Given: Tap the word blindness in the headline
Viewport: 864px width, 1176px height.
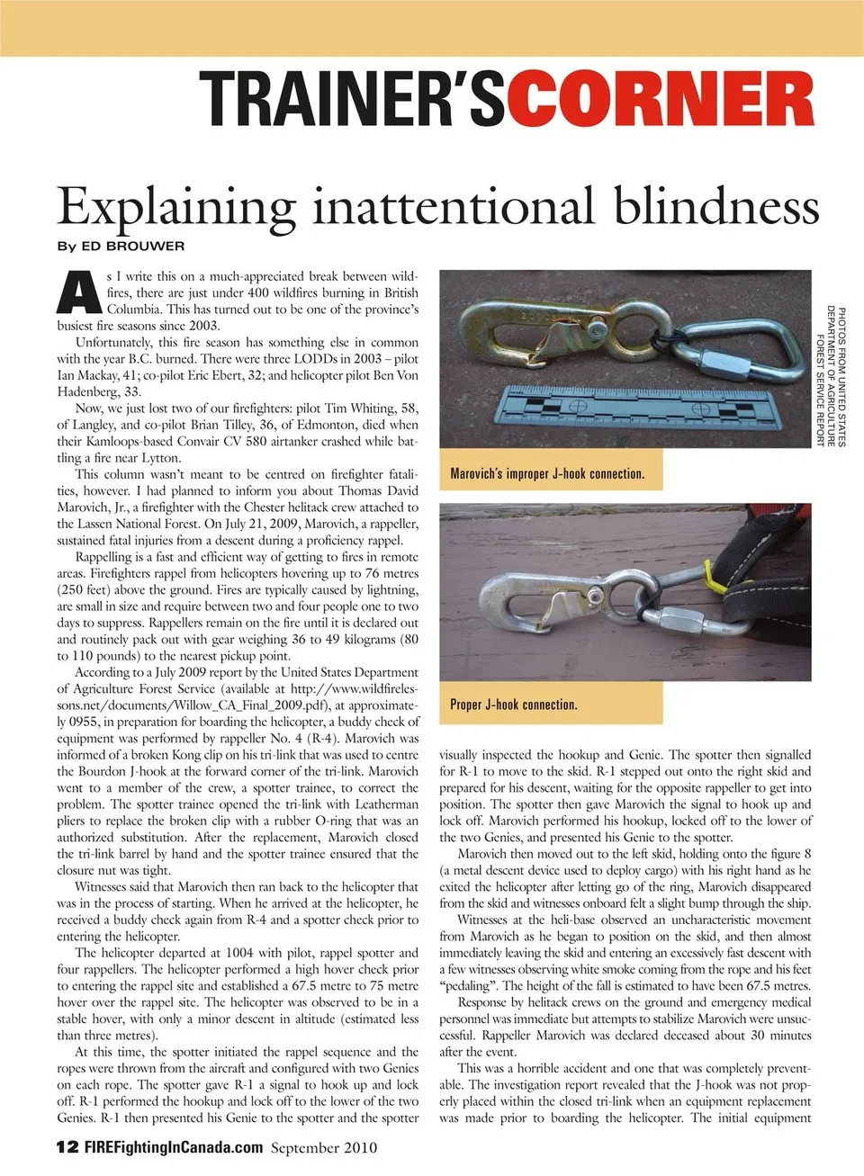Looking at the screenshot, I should [x=716, y=206].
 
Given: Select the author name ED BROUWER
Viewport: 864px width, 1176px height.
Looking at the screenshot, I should [x=133, y=246].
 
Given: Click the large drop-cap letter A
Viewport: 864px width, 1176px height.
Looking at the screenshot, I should [x=78, y=292].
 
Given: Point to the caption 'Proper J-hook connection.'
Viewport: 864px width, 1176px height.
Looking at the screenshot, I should [x=513, y=705].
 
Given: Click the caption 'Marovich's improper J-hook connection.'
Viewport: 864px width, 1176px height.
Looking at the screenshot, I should [x=547, y=473].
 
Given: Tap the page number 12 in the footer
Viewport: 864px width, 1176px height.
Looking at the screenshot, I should [x=67, y=1147].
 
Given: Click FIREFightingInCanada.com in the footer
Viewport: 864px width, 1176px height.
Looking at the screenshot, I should [x=174, y=1147].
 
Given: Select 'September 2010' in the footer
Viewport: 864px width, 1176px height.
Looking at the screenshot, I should [x=324, y=1147].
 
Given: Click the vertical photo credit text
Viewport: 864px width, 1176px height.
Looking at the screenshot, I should [x=831, y=376].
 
